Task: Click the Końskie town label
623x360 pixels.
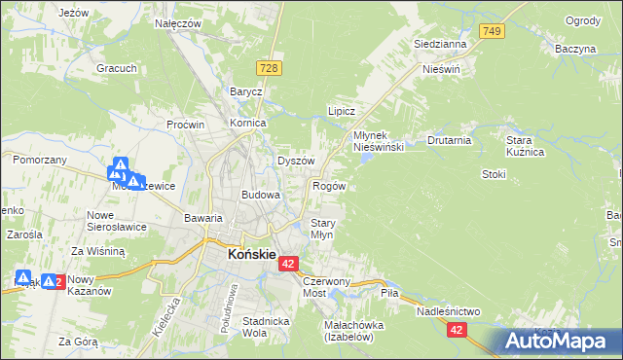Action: [248, 255]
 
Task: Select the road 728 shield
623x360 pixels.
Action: [271, 67]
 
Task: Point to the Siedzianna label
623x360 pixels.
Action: [440, 44]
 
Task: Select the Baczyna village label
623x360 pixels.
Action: [575, 48]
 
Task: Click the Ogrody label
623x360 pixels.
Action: [582, 21]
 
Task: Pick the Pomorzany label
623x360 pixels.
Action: [39, 159]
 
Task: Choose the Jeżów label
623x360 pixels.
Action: [74, 13]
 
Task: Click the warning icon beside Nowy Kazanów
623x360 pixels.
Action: [48, 281]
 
